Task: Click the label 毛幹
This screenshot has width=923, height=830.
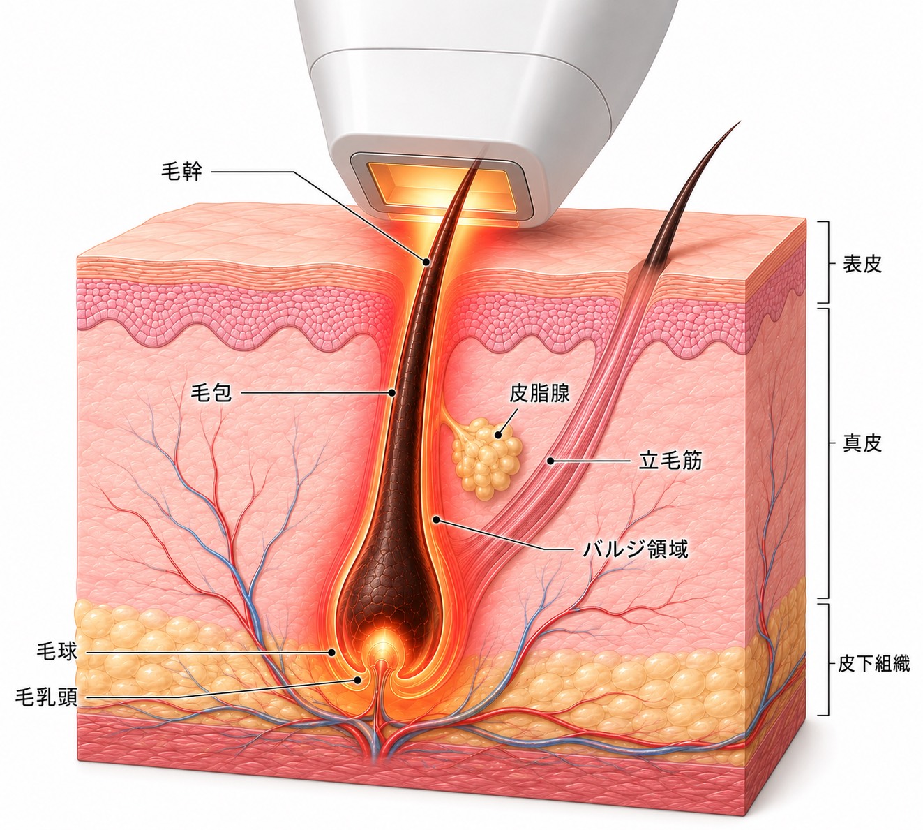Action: click(181, 171)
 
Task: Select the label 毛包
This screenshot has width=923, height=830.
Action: click(211, 394)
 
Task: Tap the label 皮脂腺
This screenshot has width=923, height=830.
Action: click(540, 394)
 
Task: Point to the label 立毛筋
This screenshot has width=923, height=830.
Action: click(670, 460)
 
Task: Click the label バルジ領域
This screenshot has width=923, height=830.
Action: click(636, 549)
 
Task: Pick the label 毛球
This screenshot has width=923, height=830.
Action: click(57, 652)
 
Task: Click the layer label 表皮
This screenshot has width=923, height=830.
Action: click(862, 264)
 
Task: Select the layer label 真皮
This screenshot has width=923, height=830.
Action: click(862, 443)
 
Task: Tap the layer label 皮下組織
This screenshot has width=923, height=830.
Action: click(873, 664)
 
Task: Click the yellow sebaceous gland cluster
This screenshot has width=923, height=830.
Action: click(488, 458)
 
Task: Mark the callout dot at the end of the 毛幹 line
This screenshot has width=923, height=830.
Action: click(426, 262)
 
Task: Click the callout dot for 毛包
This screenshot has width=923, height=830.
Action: click(391, 393)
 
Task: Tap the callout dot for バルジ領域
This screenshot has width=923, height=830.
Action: click(437, 520)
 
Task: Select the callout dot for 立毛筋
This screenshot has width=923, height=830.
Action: click(550, 460)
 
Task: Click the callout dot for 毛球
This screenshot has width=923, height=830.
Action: click(331, 652)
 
